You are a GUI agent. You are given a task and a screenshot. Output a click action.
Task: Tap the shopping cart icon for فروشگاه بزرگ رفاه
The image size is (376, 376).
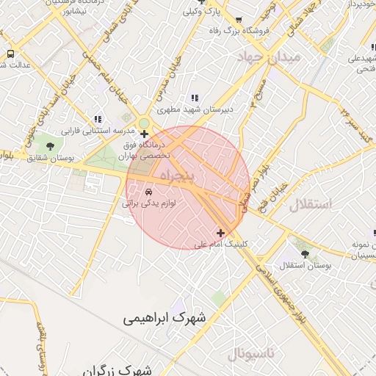click(x=239, y=20)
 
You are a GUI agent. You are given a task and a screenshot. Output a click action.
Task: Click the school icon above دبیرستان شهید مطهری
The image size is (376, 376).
click(x=195, y=98)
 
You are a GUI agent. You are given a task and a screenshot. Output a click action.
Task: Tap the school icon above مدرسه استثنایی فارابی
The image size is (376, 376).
click(x=98, y=119)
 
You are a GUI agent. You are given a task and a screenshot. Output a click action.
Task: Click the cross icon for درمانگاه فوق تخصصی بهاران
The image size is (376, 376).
click(x=144, y=134)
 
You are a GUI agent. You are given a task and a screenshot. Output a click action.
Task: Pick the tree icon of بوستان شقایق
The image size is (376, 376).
click(x=50, y=146)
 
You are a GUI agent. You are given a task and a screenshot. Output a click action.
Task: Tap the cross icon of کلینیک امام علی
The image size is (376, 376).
click(x=220, y=233)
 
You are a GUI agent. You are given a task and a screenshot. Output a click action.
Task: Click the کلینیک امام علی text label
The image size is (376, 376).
click(x=220, y=244)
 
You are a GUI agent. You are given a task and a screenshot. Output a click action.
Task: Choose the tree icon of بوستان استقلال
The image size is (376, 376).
click(x=304, y=253)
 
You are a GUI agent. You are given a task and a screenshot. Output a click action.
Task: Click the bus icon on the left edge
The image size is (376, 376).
click(x=10, y=54)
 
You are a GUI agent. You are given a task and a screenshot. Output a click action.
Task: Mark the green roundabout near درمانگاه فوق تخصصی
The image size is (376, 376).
click(x=144, y=123)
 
